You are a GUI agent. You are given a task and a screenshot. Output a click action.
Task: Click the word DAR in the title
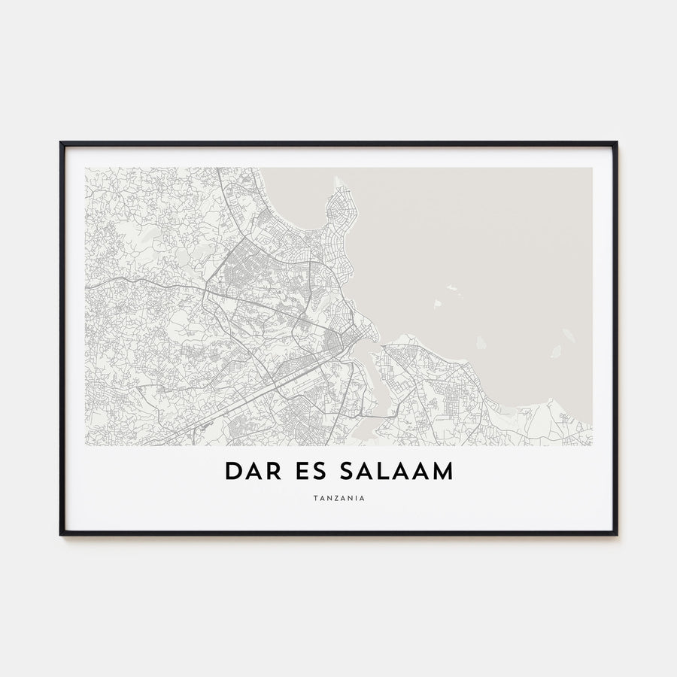tap(253, 471)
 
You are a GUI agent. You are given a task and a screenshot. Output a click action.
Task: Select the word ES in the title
tap(311, 471)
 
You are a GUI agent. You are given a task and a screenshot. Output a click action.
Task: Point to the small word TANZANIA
tap(338, 497)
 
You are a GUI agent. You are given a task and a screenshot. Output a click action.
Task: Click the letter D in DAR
tap(232, 471)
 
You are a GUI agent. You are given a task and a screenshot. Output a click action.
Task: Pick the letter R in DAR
tap(275, 471)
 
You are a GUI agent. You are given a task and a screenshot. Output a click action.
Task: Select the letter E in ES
tap(303, 471)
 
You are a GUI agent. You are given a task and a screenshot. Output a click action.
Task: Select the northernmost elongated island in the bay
tap(454, 287)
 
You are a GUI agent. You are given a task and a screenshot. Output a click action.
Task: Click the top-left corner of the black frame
tap(61, 143)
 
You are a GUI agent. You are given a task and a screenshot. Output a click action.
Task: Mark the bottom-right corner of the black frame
tap(616, 534)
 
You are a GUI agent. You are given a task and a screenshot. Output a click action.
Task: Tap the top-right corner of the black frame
tap(616, 143)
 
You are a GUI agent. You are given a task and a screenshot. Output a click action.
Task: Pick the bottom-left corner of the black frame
tap(61, 534)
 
